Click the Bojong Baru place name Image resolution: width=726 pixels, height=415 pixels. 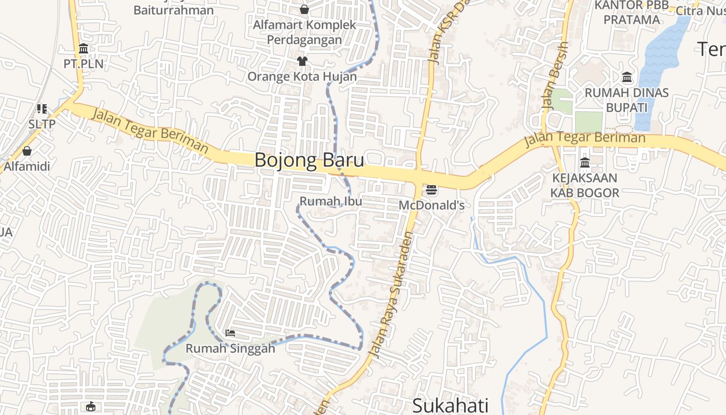pos(309,160)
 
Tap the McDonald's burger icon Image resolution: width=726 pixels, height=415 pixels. pos(431,190)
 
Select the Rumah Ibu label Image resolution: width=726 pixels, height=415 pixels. pos(331,201)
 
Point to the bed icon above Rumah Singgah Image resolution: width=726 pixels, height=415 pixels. pos(230,333)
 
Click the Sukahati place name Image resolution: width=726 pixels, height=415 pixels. pos(451,405)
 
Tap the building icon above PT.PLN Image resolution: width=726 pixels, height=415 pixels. pos(83,49)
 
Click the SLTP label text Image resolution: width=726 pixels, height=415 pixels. pos(41,125)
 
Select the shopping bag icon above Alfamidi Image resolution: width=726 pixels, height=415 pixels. pos(27,151)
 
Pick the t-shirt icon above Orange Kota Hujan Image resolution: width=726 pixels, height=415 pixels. pos(302,62)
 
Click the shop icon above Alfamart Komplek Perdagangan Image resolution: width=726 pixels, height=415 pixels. pos(304,9)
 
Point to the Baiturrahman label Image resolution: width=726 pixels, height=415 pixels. pos(173,10)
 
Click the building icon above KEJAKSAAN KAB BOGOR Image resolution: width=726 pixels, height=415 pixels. pos(585,163)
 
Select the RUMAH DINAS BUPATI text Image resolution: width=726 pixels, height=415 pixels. pos(626,100)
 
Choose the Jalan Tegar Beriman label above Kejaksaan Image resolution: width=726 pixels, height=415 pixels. pos(584,139)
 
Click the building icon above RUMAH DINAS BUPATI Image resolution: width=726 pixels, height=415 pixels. pos(627,77)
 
